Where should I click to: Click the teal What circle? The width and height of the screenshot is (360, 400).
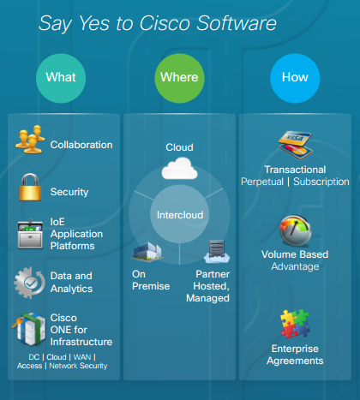coord(61,78)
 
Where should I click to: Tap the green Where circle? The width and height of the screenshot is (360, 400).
coord(179,78)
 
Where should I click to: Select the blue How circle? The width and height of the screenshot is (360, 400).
coord(295,78)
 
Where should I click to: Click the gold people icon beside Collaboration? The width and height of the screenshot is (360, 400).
coord(30,140)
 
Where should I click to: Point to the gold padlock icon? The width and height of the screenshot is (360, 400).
coord(30,188)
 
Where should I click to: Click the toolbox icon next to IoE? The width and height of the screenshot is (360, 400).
coord(30,235)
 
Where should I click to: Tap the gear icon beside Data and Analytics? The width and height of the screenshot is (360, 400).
coord(29,283)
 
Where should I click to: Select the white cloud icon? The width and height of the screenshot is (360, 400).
coord(179,169)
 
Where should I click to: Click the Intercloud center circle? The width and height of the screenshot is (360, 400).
coord(179,214)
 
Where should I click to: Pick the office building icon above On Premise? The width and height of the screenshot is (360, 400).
coord(147,252)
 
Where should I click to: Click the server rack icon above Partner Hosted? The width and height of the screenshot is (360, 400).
coord(217,252)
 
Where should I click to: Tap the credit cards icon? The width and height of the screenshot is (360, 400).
coord(296,145)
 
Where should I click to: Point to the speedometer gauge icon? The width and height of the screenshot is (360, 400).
coord(296,230)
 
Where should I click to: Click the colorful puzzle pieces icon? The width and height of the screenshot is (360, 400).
coord(295,324)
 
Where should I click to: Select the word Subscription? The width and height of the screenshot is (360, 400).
coord(321,182)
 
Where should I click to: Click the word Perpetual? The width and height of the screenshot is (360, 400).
coord(262,182)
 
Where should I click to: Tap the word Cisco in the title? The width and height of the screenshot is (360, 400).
coord(165,23)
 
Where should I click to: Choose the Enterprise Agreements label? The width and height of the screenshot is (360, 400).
coord(295,355)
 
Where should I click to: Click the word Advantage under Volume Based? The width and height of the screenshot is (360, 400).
coord(295,266)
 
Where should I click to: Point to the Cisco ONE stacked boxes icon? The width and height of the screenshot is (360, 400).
coord(29,329)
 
